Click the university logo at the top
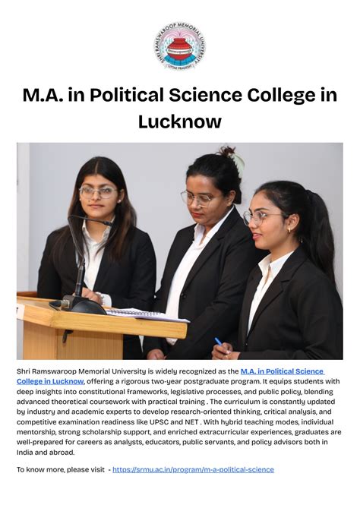tap(179, 47)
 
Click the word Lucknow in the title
tap(180, 121)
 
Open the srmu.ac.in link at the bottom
tap(193, 469)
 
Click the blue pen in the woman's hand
tap(218, 342)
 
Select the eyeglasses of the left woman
tap(99, 191)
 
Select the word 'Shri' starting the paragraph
tap(24, 371)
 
